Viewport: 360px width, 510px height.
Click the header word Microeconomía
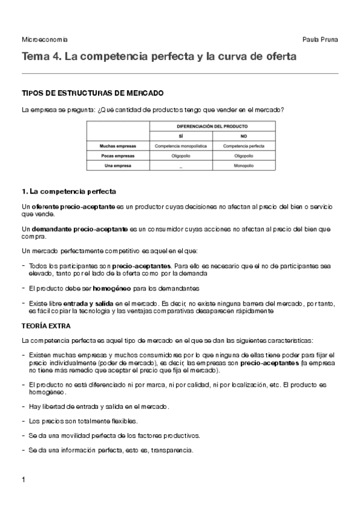coord(44,39)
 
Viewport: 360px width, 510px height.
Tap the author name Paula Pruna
coord(321,39)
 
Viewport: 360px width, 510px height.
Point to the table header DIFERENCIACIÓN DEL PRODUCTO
coord(212,127)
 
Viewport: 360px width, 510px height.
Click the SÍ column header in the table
coord(180,137)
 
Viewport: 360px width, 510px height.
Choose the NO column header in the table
coord(244,137)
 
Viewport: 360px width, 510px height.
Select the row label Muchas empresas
coord(118,146)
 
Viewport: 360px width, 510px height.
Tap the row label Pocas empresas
coord(118,155)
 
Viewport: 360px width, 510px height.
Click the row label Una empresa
coord(118,165)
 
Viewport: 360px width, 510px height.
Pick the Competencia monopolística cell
coord(180,146)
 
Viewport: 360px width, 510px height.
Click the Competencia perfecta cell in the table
coord(244,146)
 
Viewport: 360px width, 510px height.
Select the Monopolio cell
coord(244,165)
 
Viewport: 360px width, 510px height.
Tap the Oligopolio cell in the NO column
coord(244,155)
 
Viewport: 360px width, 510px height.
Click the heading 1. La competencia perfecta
coord(69,191)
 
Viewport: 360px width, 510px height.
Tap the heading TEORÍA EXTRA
coord(46,325)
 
